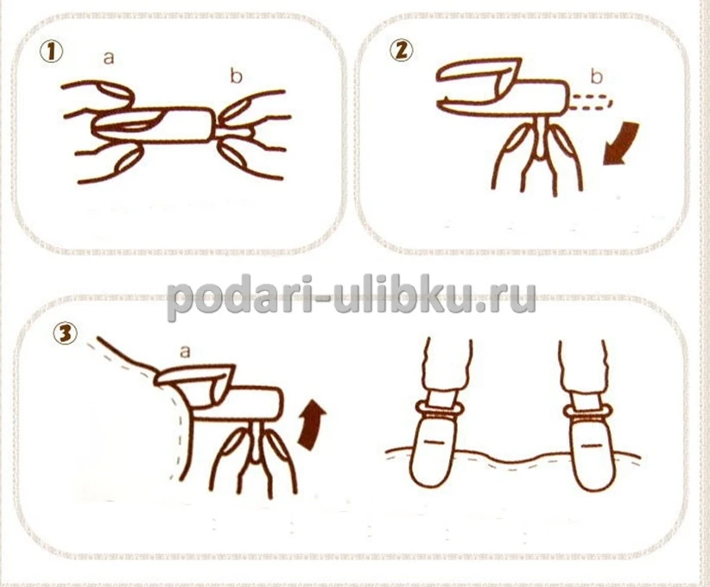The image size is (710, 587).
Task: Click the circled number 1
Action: (51, 52)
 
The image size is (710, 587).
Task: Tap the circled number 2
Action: (401, 50)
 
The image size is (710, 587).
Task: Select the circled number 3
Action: (65, 333)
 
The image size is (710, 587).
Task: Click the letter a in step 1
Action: (109, 58)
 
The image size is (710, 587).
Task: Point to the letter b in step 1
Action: (236, 76)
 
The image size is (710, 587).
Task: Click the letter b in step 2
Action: (597, 77)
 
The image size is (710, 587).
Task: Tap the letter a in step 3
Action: (185, 351)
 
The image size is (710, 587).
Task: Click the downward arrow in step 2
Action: (622, 143)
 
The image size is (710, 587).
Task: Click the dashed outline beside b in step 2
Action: (591, 102)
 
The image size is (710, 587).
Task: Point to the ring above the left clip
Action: (441, 408)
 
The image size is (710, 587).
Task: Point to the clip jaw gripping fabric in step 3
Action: (195, 379)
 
